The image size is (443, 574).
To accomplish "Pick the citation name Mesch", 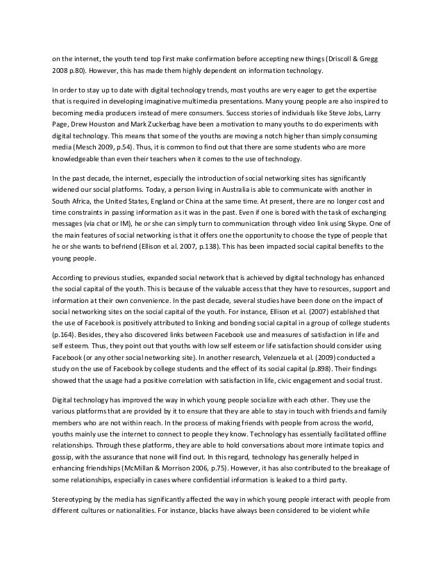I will [83, 149].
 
